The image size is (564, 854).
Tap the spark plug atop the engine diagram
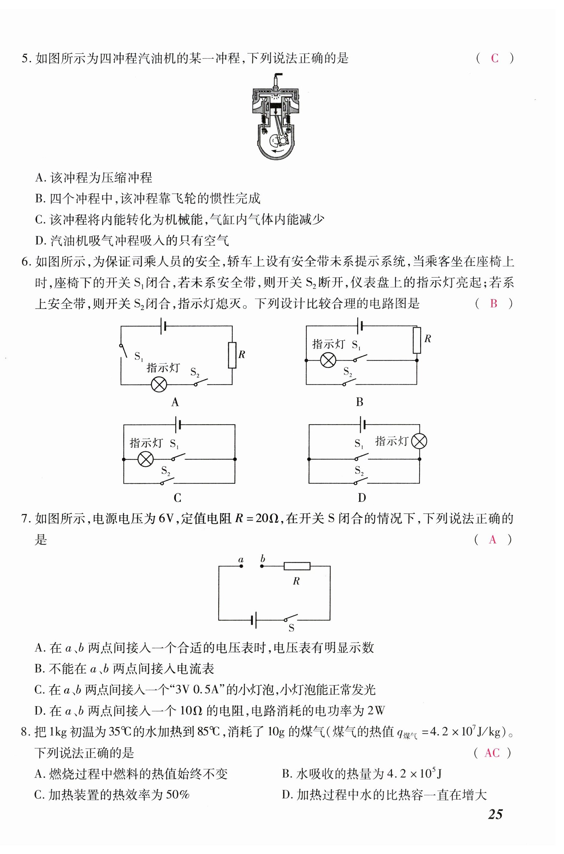click(x=276, y=81)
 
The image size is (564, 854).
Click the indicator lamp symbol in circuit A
click(x=159, y=385)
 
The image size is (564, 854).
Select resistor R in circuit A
click(x=232, y=355)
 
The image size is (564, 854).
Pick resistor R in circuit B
click(x=417, y=340)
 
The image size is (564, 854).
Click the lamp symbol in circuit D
click(x=419, y=441)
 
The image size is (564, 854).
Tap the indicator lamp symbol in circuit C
click(x=146, y=459)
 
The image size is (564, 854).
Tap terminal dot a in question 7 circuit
click(x=241, y=566)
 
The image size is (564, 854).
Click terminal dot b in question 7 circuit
click(x=262, y=566)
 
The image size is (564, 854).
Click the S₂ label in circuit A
click(x=195, y=372)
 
